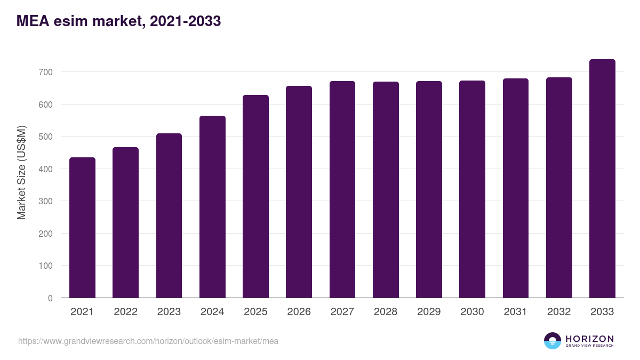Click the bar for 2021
82,228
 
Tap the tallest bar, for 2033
602,179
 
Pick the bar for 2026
299,192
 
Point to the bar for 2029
429,189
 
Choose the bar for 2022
125,222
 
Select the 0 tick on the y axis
50,298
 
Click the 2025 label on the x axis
255,312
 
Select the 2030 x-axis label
472,312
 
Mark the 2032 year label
559,312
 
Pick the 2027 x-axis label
342,312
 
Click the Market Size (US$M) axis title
21,172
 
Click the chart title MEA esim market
118,21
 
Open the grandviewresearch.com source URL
148,341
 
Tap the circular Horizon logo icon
553,341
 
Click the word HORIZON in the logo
589,339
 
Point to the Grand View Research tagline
589,346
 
